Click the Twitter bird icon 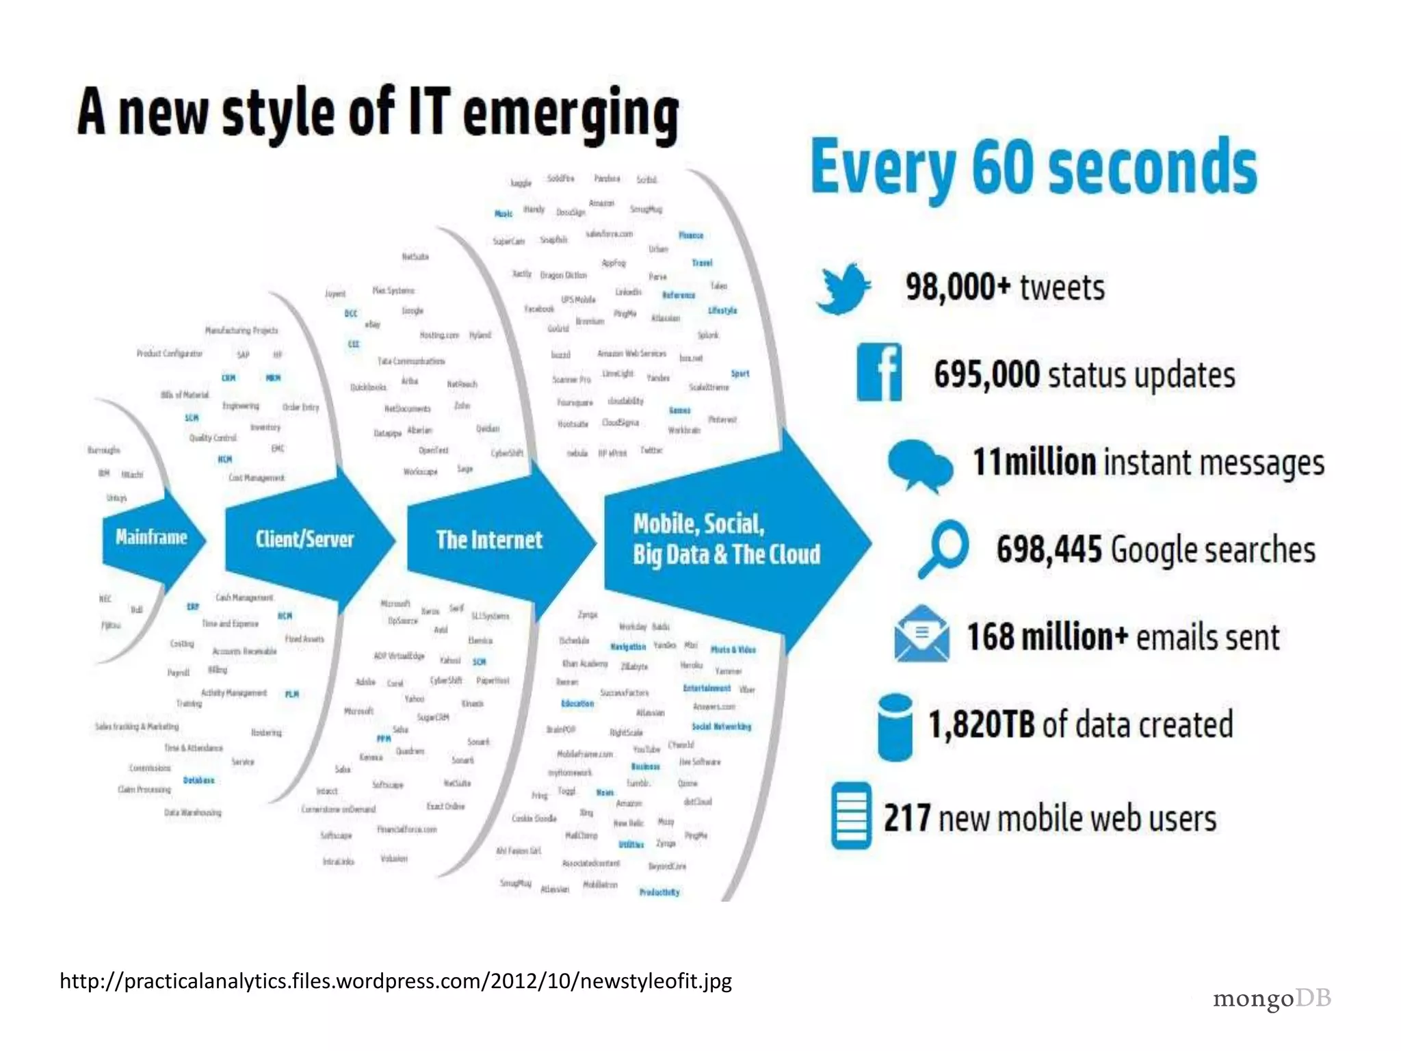pyautogui.click(x=843, y=288)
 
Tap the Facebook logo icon pyautogui.click(x=879, y=373)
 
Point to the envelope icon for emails pyautogui.click(x=921, y=634)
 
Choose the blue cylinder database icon pyautogui.click(x=895, y=727)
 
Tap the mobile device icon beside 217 pyautogui.click(x=852, y=816)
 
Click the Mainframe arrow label pyautogui.click(x=151, y=537)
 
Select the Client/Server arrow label pyautogui.click(x=304, y=539)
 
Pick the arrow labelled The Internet pyautogui.click(x=489, y=541)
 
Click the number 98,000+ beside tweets pyautogui.click(x=958, y=287)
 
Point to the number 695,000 pyautogui.click(x=986, y=375)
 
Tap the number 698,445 pyautogui.click(x=1049, y=549)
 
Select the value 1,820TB pyautogui.click(x=981, y=725)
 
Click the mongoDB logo pyautogui.click(x=1272, y=999)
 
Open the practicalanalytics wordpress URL pyautogui.click(x=395, y=981)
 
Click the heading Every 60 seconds pyautogui.click(x=1034, y=168)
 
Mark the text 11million pyautogui.click(x=1034, y=463)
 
